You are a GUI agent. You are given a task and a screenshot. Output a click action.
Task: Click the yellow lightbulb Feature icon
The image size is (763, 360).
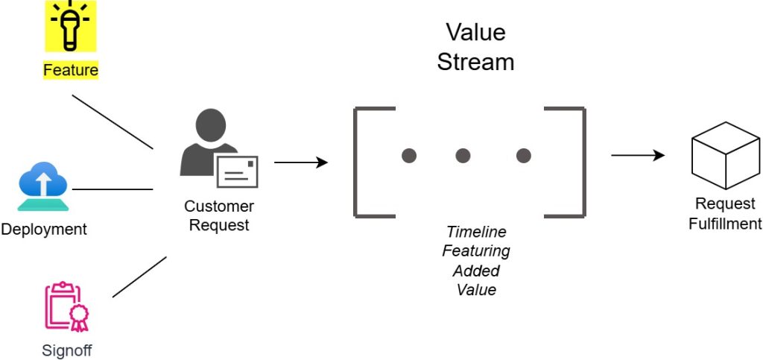pos(71,25)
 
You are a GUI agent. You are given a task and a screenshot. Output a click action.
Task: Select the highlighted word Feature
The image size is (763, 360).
pos(71,70)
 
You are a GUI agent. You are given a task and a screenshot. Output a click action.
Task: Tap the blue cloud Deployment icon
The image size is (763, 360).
pos(42,186)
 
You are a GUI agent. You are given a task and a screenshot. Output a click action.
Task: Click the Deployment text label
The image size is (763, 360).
pos(44,229)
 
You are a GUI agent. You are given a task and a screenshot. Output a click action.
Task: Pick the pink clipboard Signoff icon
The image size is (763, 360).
pos(67,306)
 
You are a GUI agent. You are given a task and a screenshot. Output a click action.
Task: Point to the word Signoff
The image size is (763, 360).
pos(67,350)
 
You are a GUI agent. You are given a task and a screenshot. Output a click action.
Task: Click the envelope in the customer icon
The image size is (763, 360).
pos(237,171)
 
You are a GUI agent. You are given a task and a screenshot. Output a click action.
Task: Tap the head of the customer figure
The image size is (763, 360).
pos(211,125)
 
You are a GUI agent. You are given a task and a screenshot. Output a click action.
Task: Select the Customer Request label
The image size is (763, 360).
pos(219,215)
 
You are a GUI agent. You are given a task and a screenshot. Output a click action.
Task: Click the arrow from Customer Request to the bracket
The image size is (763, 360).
pos(301,162)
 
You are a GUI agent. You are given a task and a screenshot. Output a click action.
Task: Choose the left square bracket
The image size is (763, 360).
pos(374,162)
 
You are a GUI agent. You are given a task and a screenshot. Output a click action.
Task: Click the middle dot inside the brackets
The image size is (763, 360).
pos(463,156)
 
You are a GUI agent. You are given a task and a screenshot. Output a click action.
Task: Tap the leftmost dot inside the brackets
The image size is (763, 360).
pos(409,156)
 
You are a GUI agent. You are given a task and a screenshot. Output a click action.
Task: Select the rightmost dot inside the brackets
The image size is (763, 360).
pos(524,156)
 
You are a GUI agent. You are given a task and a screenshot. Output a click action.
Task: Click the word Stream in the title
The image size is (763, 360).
pos(475,63)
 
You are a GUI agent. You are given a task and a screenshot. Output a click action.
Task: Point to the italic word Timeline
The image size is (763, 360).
pos(476,232)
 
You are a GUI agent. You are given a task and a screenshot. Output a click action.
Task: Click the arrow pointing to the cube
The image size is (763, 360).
pos(638,155)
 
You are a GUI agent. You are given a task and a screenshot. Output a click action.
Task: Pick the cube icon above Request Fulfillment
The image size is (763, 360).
pos(726,155)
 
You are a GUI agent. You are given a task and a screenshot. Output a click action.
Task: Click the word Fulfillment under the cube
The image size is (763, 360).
pos(725,224)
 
